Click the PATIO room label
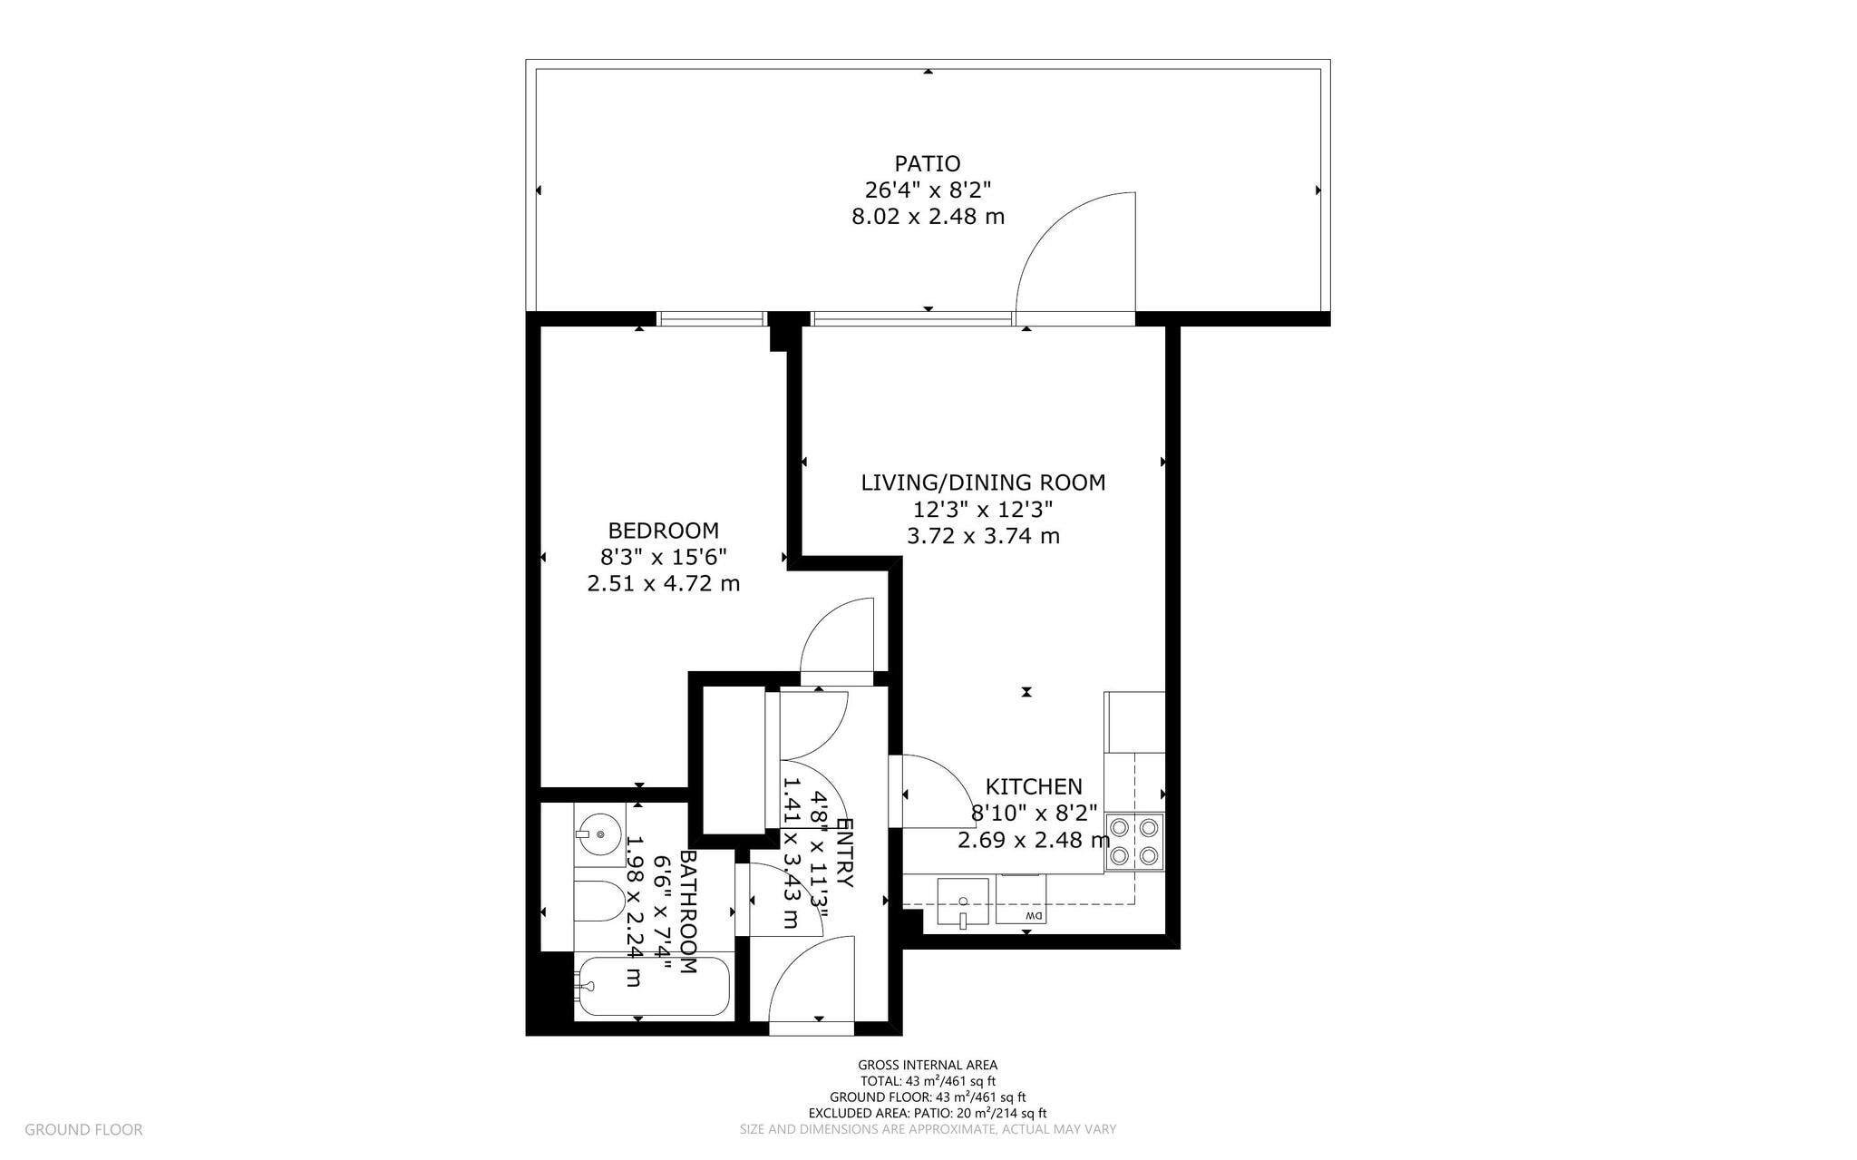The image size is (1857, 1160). (x=928, y=164)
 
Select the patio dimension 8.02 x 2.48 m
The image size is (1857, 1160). (x=928, y=217)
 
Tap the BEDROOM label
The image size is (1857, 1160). (x=663, y=531)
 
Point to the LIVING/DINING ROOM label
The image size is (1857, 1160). (x=983, y=483)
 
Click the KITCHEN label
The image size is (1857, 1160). (x=1034, y=786)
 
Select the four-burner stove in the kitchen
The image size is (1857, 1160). (x=1134, y=842)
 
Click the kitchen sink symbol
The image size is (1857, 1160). (x=962, y=902)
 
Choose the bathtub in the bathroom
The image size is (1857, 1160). (x=652, y=986)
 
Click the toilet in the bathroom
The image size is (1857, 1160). (x=598, y=902)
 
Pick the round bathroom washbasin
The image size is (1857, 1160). (x=598, y=833)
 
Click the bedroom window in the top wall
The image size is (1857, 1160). (x=712, y=318)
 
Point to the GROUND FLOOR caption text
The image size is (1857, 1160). (x=83, y=1130)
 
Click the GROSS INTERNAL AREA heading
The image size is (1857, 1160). (x=928, y=1065)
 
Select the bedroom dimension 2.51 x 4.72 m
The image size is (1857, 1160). (x=663, y=583)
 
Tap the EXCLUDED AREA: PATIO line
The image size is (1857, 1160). (x=928, y=1113)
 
